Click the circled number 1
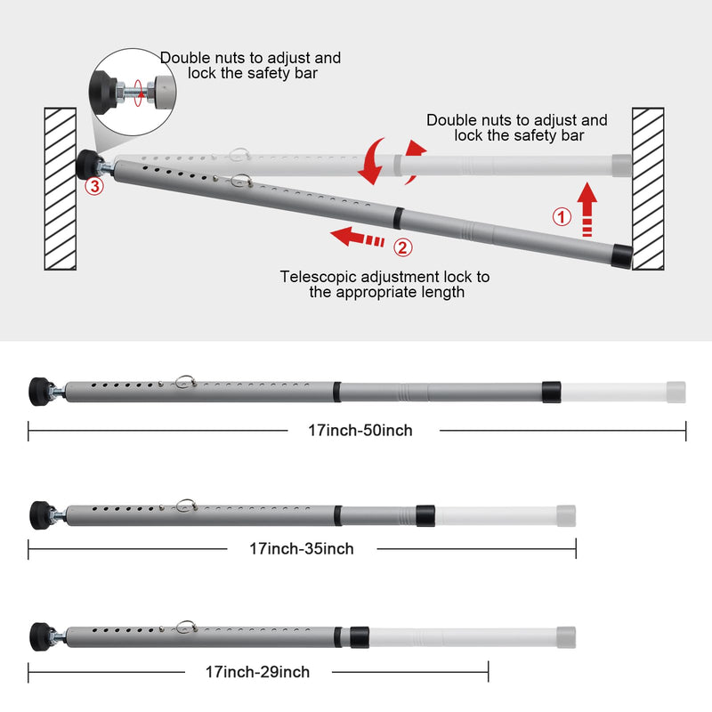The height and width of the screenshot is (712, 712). (562, 217)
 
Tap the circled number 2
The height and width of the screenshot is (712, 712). (403, 247)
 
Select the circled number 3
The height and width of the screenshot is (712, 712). (94, 186)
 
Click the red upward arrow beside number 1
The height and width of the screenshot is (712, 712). (587, 209)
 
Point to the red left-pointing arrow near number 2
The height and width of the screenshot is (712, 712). (358, 237)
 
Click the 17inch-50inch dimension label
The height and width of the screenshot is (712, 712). (360, 430)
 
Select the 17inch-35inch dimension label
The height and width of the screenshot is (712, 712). (302, 548)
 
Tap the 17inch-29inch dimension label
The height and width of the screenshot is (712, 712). (257, 672)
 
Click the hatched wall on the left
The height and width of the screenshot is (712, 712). (60, 189)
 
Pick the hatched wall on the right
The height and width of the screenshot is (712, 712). (648, 189)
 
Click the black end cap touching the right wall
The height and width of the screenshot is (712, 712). (621, 256)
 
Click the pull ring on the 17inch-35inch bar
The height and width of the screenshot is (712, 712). (187, 505)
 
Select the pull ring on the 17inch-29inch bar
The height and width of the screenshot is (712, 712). (186, 627)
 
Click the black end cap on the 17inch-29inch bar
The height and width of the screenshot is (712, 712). (360, 637)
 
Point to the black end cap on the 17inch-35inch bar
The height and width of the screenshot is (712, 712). (425, 515)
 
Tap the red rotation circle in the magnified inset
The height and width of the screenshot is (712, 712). (139, 93)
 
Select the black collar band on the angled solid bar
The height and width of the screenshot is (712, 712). (398, 218)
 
